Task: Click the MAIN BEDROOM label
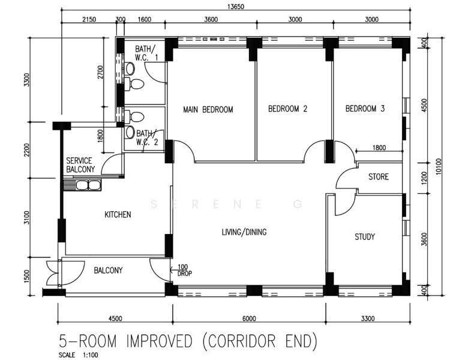[208, 110]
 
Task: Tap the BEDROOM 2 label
[287, 109]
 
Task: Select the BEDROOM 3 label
[365, 109]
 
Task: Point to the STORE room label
[379, 177]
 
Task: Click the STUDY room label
[365, 237]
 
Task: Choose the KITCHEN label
[118, 215]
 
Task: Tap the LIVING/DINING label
[244, 232]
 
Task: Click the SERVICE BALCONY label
[80, 165]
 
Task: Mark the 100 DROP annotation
[184, 270]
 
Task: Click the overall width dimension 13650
[236, 7]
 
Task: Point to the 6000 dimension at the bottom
[249, 319]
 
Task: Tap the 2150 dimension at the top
[89, 20]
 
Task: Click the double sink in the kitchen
[88, 185]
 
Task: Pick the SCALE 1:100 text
[78, 355]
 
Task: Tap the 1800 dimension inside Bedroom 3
[379, 148]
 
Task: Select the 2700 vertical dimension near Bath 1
[100, 72]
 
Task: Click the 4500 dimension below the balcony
[115, 319]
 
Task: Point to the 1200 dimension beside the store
[424, 178]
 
